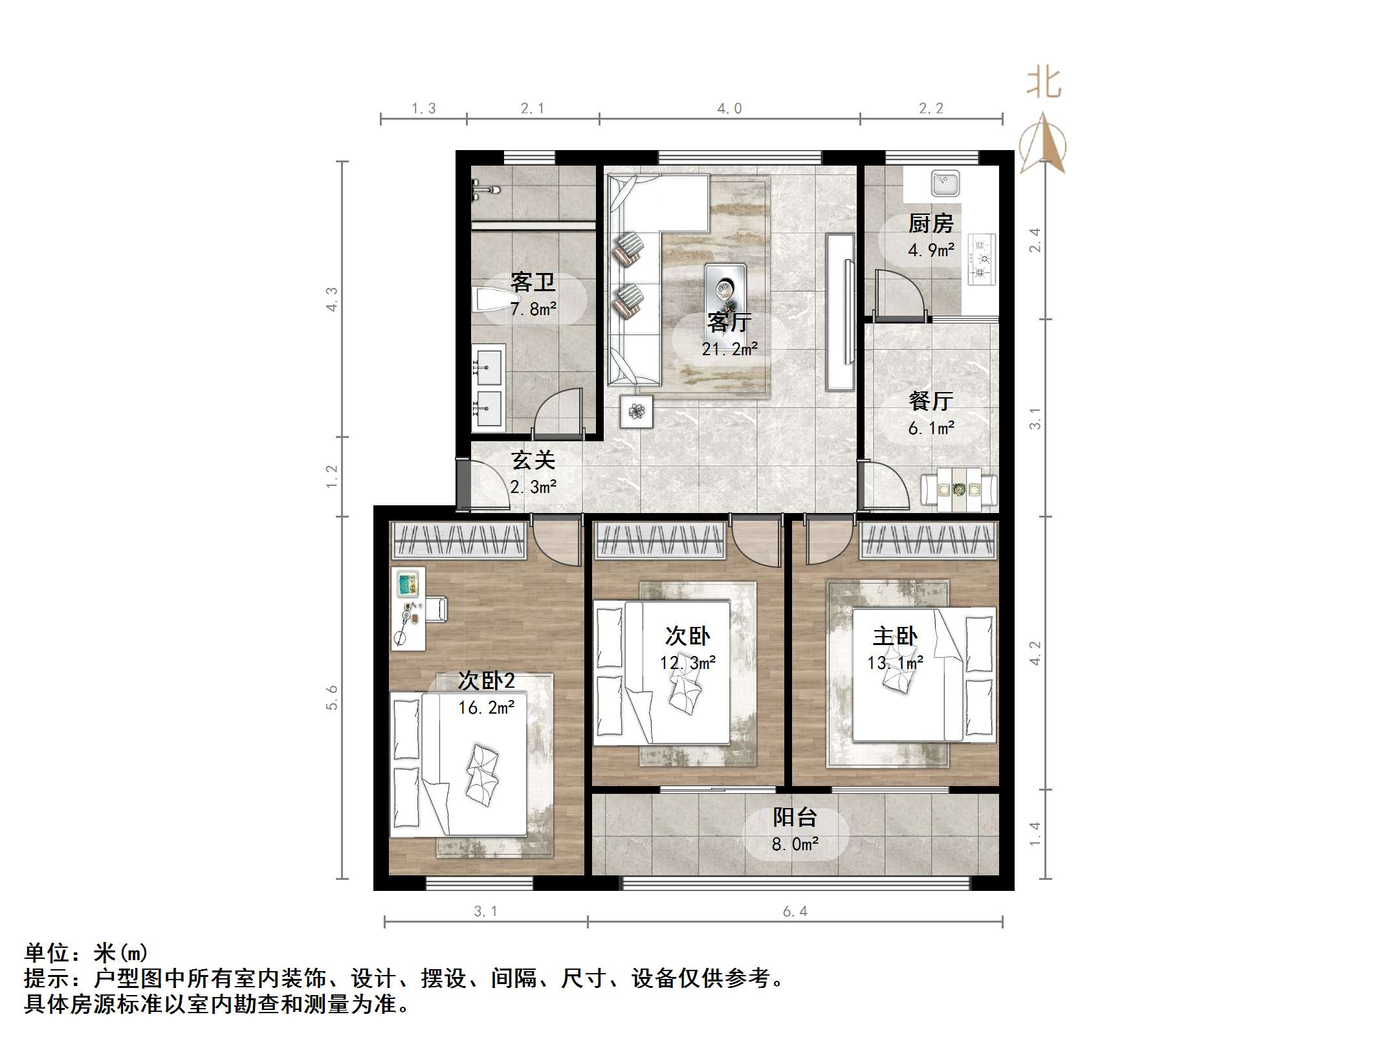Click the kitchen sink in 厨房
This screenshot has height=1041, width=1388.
tap(945, 183)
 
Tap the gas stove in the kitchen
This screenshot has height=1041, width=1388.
tap(981, 259)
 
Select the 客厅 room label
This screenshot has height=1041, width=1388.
tap(729, 322)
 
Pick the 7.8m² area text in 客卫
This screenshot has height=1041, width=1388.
tap(533, 309)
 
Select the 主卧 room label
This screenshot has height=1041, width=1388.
tap(895, 637)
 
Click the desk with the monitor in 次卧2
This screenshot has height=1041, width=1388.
tap(408, 608)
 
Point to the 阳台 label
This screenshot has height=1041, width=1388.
tap(795, 817)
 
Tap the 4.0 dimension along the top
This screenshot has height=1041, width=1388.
tap(729, 109)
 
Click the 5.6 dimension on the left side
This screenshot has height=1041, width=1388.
tap(332, 697)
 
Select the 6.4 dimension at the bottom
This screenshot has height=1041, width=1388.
tap(795, 912)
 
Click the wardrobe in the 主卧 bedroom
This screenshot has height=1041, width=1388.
tap(927, 541)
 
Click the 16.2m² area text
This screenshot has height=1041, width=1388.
tap(487, 708)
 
